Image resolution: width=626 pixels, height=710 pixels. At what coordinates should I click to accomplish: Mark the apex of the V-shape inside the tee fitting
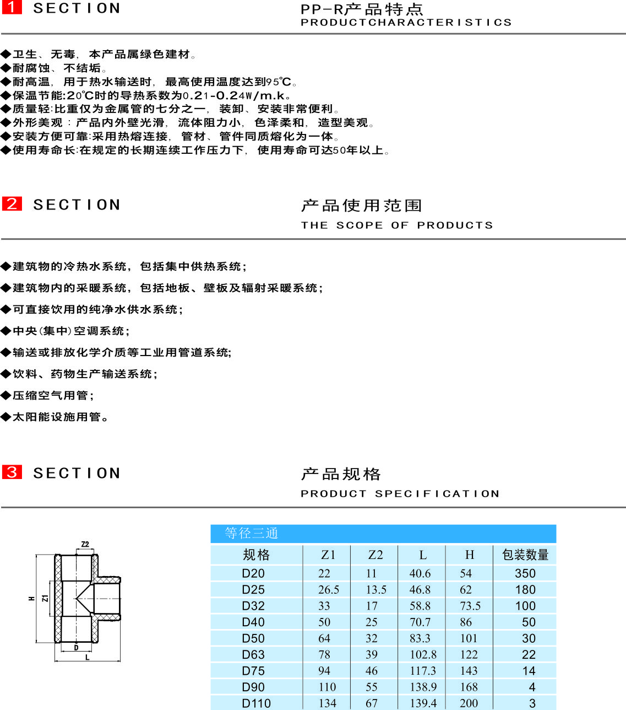tap(76, 598)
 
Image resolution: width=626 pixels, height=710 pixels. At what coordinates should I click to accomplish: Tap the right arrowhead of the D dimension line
tap(91, 651)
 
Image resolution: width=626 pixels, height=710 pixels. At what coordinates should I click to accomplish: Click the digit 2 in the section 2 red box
tap(12, 203)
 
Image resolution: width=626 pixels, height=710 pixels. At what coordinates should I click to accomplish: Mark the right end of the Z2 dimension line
tap(94, 549)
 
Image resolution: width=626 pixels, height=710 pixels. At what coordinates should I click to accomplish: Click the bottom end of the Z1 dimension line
tap(50, 616)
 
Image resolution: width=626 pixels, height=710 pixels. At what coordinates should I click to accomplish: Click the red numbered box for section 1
tap(12, 7)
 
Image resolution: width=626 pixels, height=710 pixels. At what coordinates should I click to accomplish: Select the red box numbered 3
tap(12, 472)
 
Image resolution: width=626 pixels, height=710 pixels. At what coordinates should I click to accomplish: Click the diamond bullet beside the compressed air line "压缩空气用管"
tap(6, 395)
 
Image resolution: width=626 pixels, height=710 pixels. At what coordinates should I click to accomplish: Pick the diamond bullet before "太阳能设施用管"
tap(6, 417)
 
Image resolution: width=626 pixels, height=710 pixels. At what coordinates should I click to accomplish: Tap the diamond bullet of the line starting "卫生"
tap(6, 54)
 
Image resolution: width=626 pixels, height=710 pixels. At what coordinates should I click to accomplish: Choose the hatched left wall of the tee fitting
tap(58, 599)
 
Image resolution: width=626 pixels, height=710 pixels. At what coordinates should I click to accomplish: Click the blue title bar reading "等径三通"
tap(383, 534)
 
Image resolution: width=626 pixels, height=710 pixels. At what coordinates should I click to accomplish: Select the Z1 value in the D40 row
tap(324, 622)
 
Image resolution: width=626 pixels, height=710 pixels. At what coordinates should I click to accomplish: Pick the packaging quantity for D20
tap(525, 573)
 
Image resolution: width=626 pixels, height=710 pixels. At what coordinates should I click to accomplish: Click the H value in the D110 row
tap(469, 703)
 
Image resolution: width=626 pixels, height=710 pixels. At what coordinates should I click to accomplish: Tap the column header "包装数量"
tap(525, 555)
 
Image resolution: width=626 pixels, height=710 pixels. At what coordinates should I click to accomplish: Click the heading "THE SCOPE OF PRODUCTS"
tap(397, 225)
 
